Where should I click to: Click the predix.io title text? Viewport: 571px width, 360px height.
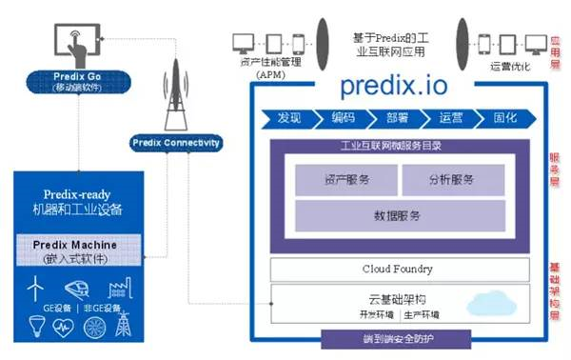pyautogui.click(x=393, y=87)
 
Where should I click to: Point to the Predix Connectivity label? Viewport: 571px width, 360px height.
pyautogui.click(x=176, y=143)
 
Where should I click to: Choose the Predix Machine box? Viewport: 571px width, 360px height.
pyautogui.click(x=81, y=250)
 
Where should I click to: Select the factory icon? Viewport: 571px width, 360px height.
pyautogui.click(x=121, y=288)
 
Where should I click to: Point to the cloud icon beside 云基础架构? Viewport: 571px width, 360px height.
pyautogui.click(x=486, y=304)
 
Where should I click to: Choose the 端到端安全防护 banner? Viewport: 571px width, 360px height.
pyautogui.click(x=395, y=339)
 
